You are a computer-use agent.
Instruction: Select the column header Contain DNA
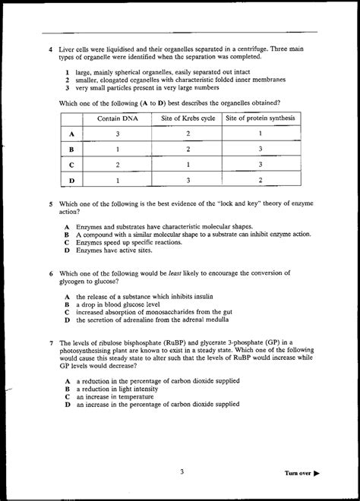pos(117,118)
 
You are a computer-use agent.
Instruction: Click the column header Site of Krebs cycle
pos(188,118)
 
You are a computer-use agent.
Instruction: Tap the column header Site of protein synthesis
pos(261,118)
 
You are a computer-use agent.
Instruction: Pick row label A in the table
pos(71,134)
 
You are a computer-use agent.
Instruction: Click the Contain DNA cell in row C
pos(117,164)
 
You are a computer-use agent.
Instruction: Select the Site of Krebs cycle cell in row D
pos(188,180)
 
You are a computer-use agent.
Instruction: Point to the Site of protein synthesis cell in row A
pos(261,134)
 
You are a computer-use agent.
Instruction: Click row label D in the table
pos(71,180)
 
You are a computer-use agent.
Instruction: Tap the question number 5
pos(49,204)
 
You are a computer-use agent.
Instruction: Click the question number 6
pos(49,273)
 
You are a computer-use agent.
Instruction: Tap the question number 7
pos(49,342)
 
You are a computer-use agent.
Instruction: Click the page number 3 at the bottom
pos(182,471)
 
